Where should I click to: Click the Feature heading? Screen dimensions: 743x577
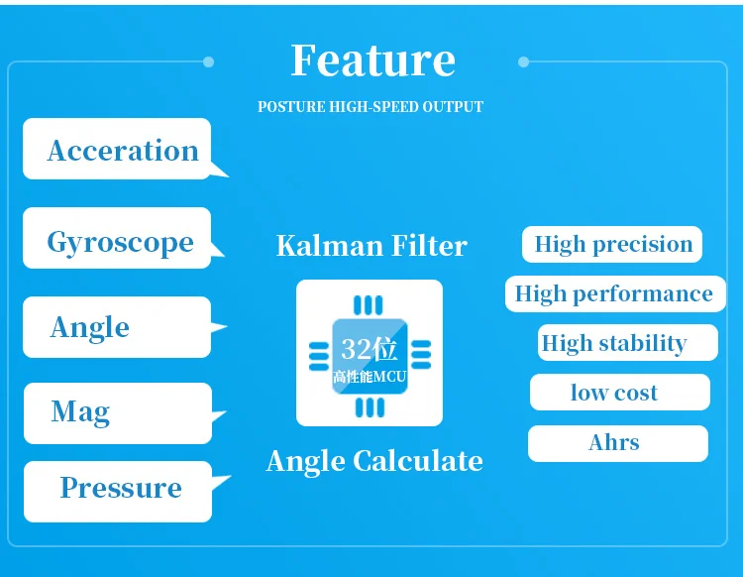pos(372,60)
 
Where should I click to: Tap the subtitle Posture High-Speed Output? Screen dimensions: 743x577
pos(371,107)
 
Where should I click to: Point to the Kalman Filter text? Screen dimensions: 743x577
pos(371,246)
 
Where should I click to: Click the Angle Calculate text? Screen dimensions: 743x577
pos(374,461)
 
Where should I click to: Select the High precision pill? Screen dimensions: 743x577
pos(612,244)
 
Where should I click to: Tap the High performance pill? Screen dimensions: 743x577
pos(615,293)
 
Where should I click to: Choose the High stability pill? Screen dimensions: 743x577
pos(628,343)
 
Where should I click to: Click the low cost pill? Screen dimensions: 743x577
pos(620,392)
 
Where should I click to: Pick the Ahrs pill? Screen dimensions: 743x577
pos(618,443)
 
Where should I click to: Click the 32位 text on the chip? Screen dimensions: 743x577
pos(370,349)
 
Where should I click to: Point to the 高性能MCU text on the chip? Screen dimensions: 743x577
pos(370,377)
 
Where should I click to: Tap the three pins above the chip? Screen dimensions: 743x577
pos(369,305)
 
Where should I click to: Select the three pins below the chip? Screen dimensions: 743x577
pos(371,407)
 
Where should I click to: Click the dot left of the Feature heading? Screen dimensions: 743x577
pos(208,61)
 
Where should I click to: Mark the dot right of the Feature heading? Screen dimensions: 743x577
pos(524,61)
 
